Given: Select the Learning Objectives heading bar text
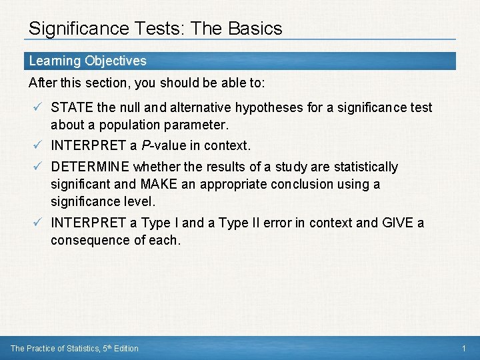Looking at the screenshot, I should click(x=87, y=61).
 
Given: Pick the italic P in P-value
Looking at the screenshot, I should click(x=145, y=145).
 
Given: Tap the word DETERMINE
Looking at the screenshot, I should click(x=90, y=167).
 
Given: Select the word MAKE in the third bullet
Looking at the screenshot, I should click(x=156, y=184).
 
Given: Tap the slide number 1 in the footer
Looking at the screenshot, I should click(x=463, y=348).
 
